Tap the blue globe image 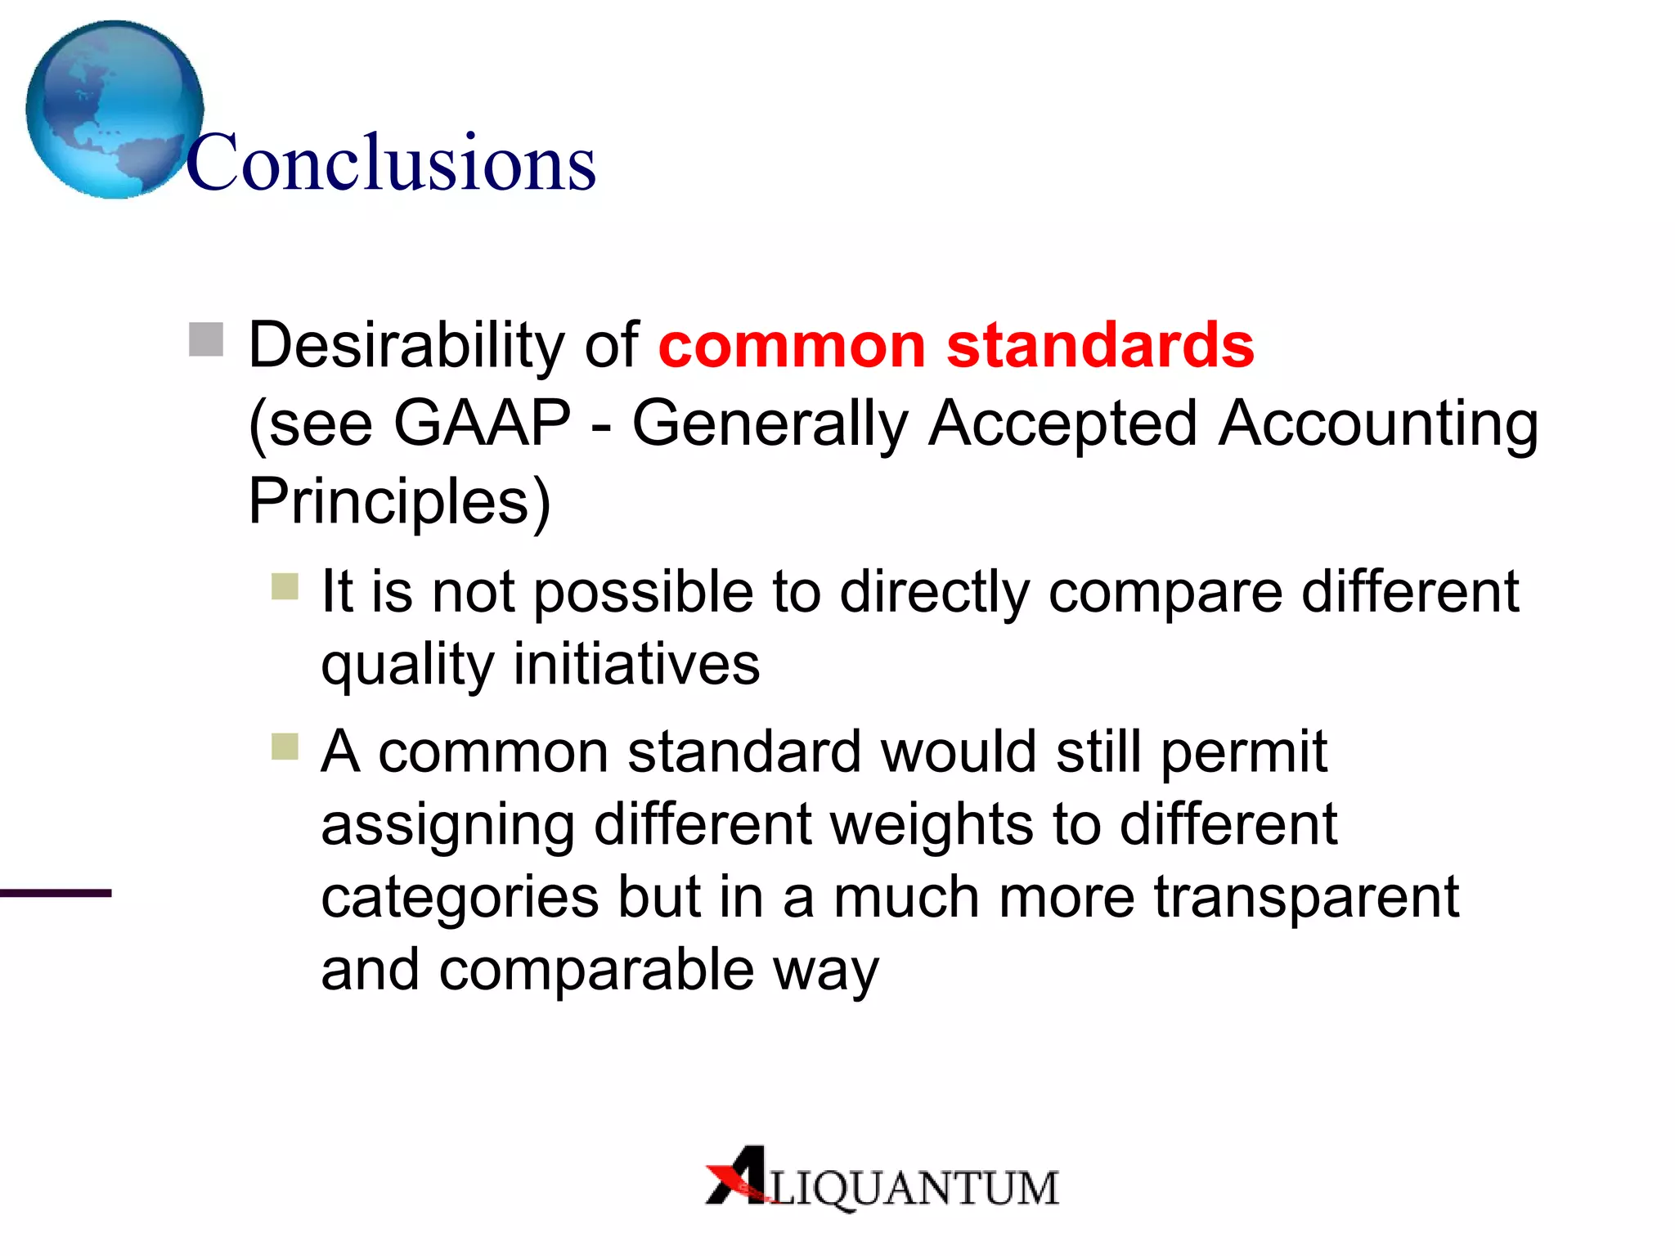(115, 109)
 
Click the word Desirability (405, 345)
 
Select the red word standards (1100, 345)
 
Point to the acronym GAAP (482, 423)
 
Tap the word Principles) (399, 501)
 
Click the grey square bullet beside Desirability (206, 339)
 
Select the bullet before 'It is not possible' (285, 586)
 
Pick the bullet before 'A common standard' (285, 747)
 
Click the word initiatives (636, 663)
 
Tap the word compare (1165, 592)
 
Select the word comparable (596, 970)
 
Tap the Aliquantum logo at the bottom (882, 1178)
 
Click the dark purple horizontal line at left (56, 893)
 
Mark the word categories (460, 896)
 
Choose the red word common (792, 345)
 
